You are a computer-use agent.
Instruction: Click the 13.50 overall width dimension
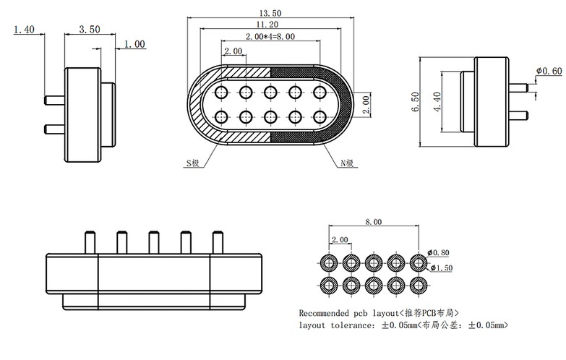(x=271, y=12)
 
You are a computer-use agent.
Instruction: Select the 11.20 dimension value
(x=271, y=25)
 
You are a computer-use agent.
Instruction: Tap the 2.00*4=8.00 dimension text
(x=270, y=36)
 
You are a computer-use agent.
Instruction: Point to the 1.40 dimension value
(x=24, y=30)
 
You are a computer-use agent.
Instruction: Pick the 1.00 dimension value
(x=134, y=44)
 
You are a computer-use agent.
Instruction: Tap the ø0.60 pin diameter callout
(x=549, y=71)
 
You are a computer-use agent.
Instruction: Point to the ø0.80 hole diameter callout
(x=439, y=252)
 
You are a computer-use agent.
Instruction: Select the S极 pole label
(x=192, y=164)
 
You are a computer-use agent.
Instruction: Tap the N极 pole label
(x=348, y=164)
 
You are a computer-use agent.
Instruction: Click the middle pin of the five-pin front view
(x=153, y=242)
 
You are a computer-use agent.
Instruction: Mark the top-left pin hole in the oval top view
(x=222, y=92)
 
